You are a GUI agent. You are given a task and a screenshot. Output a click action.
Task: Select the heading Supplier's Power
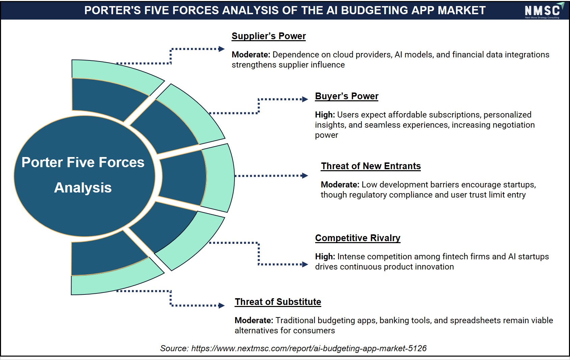click(268, 36)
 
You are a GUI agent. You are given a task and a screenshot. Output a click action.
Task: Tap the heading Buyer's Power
click(347, 96)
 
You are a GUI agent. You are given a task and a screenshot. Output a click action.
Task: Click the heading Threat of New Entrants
click(371, 166)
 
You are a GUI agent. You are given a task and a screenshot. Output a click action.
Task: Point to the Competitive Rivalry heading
click(357, 238)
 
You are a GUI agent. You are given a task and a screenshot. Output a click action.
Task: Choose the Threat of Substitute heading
click(278, 302)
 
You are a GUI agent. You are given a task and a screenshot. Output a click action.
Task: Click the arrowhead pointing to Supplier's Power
click(222, 49)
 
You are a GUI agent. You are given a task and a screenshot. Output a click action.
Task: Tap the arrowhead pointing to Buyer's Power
click(305, 99)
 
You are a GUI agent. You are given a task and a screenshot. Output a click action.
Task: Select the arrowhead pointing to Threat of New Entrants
click(305, 176)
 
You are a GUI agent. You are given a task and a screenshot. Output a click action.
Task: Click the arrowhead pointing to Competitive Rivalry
click(305, 264)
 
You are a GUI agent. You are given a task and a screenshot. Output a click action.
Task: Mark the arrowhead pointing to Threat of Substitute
click(222, 306)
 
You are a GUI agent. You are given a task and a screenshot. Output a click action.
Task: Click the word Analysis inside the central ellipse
click(83, 188)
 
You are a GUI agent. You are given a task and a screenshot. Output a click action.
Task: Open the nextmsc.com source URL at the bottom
click(309, 348)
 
